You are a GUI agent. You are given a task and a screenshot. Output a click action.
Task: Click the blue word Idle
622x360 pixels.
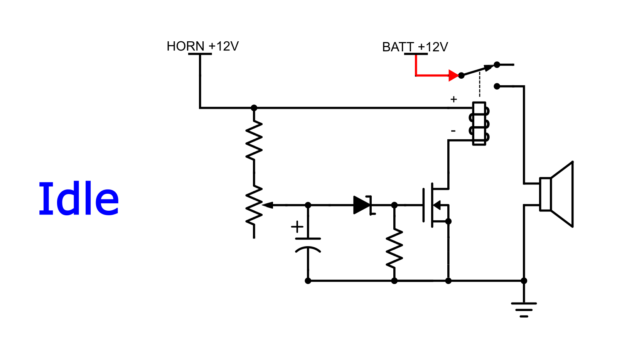pos(79,199)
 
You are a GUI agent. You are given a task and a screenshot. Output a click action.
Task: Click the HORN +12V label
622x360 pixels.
pos(202,46)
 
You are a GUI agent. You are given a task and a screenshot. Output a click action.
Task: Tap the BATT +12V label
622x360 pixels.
pos(415,47)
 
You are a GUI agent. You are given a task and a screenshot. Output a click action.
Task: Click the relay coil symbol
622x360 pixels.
pos(479,124)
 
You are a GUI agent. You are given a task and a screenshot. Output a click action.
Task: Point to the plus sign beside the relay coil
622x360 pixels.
pos(453,100)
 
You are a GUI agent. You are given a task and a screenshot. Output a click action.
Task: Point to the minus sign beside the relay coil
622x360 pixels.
pos(453,131)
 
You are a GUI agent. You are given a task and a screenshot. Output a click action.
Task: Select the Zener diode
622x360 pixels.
pos(363,205)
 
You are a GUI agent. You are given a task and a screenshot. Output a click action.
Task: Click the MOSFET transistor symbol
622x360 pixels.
pos(435,205)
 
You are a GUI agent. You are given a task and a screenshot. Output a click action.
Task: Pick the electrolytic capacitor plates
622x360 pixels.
pos(308,245)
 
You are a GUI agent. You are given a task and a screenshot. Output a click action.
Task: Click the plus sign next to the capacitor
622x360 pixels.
pos(297,227)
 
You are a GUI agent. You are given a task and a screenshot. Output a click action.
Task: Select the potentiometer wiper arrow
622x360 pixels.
pos(268,205)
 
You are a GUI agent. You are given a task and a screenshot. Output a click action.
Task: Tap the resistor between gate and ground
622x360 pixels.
pos(394,248)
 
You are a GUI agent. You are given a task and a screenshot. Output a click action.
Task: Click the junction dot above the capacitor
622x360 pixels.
pos(308,205)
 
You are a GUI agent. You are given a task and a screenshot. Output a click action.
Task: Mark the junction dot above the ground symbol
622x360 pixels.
pos(524,281)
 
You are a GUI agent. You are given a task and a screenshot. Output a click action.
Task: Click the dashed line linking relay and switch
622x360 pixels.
pos(479,85)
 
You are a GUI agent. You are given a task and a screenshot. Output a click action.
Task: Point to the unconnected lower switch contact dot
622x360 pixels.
pos(497,86)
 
